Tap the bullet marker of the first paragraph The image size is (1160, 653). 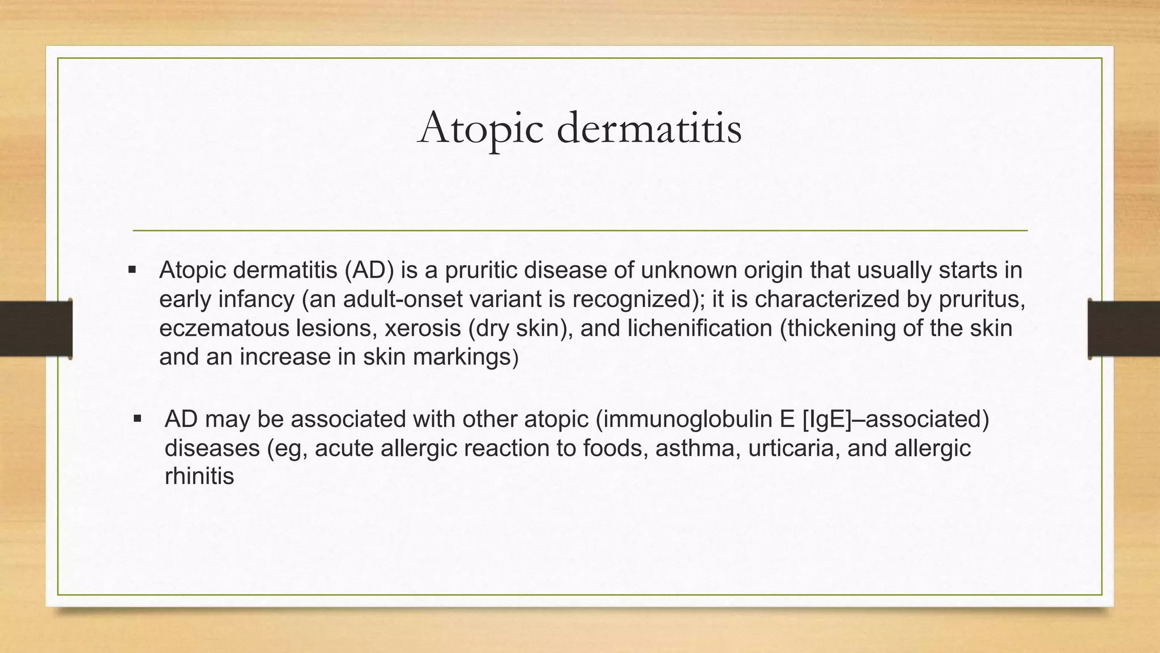coord(133,270)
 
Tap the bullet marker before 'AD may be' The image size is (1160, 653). coord(138,419)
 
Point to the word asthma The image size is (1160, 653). coord(697,448)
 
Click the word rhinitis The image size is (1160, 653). coord(199,476)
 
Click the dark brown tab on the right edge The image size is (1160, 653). coord(1124,329)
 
